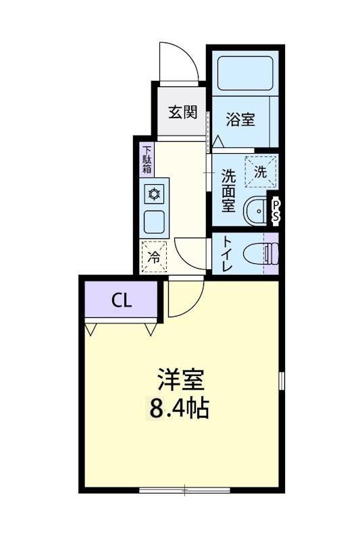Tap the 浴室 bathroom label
pos(240,120)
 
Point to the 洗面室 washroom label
pos(228,191)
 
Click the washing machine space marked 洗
pos(261,171)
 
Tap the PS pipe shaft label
pos(276,210)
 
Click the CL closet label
pos(122,300)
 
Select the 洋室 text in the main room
pos(180,379)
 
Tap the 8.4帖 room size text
pos(179,408)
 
